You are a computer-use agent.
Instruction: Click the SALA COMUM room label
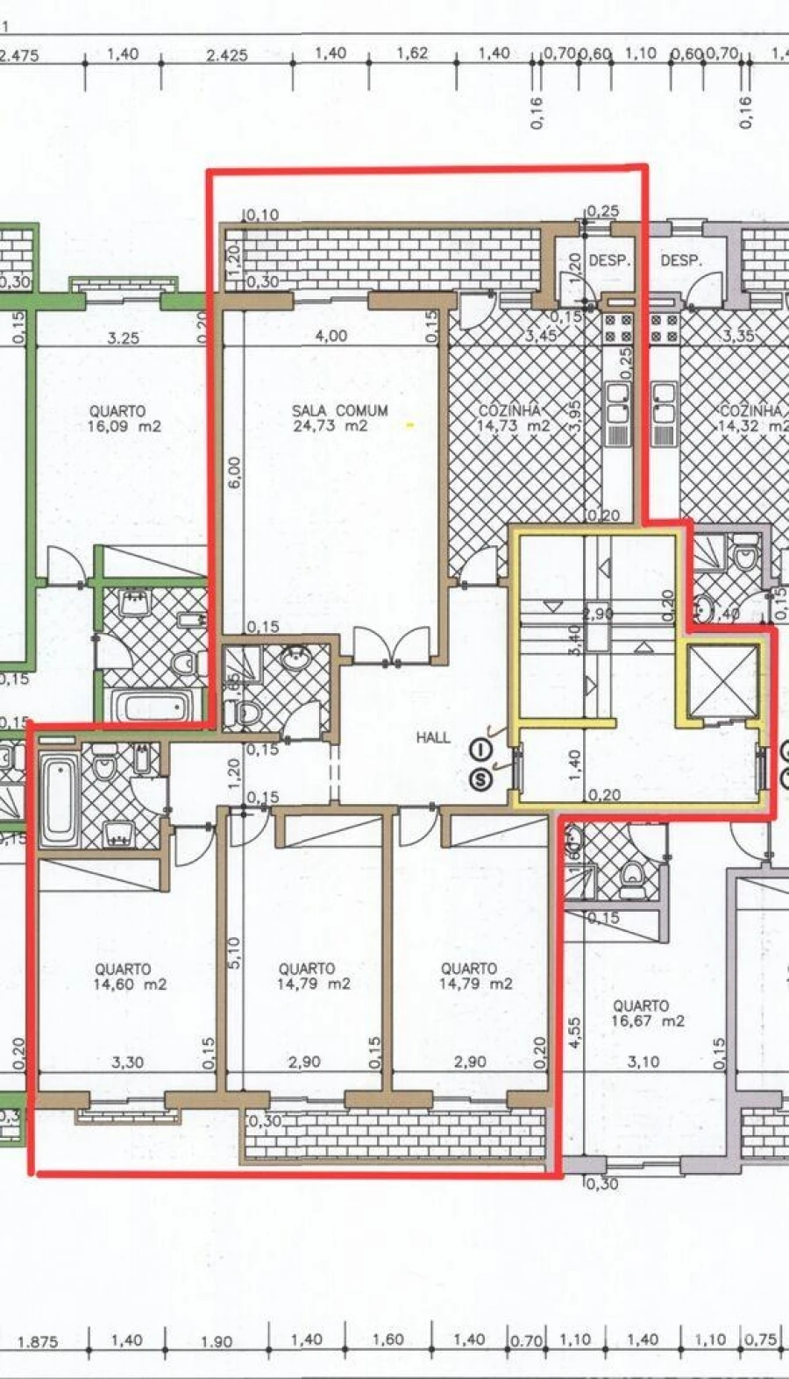coord(339,410)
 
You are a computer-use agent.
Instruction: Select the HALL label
coord(433,738)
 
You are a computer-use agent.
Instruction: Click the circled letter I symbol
coord(480,749)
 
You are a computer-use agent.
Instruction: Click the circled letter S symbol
coord(480,778)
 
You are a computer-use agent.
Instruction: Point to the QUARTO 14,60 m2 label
coord(123,977)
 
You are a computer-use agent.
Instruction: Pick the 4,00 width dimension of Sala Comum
coord(331,335)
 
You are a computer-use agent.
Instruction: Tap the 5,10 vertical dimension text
coord(233,953)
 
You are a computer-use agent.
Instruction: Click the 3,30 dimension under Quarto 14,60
coord(128,1063)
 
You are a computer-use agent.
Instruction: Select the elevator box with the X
coord(723,680)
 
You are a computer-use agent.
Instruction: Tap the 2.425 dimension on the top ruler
coord(227,54)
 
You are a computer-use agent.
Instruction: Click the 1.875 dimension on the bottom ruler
coord(38,1341)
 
